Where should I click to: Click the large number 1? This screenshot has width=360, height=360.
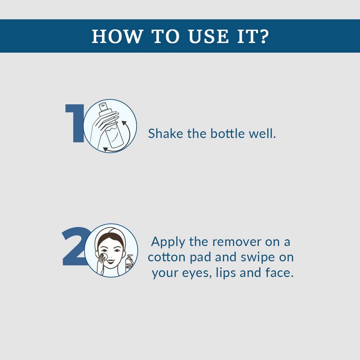pyautogui.click(x=75, y=124)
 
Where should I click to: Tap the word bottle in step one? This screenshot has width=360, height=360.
pyautogui.click(x=227, y=133)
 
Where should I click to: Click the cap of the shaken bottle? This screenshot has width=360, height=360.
pyautogui.click(x=103, y=108)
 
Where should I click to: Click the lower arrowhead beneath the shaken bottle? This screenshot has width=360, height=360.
pyautogui.click(x=106, y=149)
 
